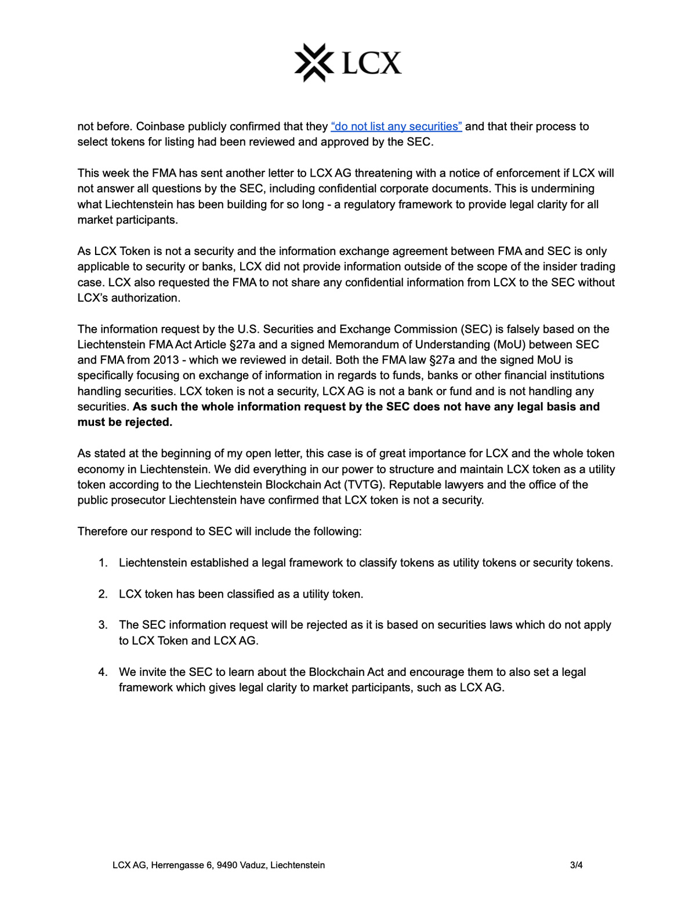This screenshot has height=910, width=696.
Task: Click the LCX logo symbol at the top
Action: click(x=314, y=62)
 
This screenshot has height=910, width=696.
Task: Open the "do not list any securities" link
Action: click(x=396, y=126)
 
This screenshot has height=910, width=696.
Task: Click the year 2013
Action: click(x=166, y=360)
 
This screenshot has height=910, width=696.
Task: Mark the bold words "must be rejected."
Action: click(x=125, y=423)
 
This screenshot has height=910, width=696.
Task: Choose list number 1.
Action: click(x=103, y=563)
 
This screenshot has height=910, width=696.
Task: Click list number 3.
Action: click(x=103, y=625)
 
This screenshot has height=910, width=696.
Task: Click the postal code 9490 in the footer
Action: click(x=227, y=865)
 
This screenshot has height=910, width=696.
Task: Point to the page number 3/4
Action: click(x=576, y=865)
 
